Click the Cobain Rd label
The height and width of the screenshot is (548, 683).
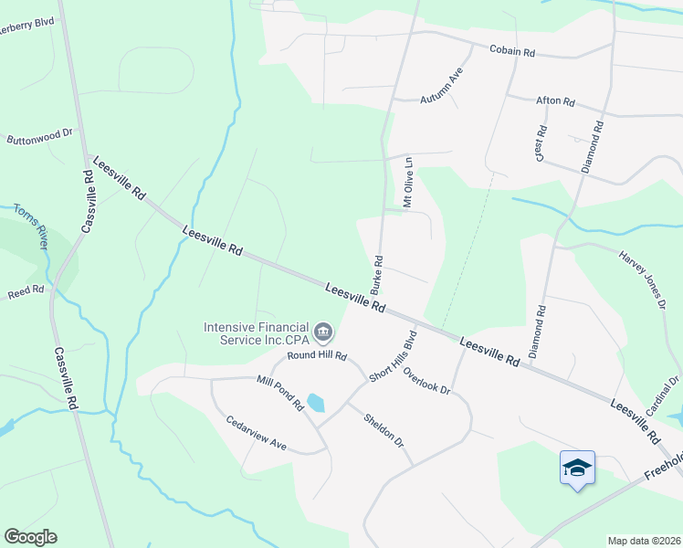pos(511,51)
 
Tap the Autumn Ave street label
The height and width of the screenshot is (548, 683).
pos(443,86)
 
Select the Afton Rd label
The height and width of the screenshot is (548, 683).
pos(555,101)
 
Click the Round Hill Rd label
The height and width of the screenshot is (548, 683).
pos(317,354)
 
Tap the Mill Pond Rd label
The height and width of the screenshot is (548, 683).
pos(279,392)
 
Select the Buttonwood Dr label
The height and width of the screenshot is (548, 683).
pos(39,137)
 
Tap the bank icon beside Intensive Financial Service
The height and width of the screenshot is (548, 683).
pos(323,331)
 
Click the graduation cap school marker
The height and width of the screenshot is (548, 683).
pos(577,469)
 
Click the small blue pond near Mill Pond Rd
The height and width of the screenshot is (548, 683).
pos(315,402)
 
